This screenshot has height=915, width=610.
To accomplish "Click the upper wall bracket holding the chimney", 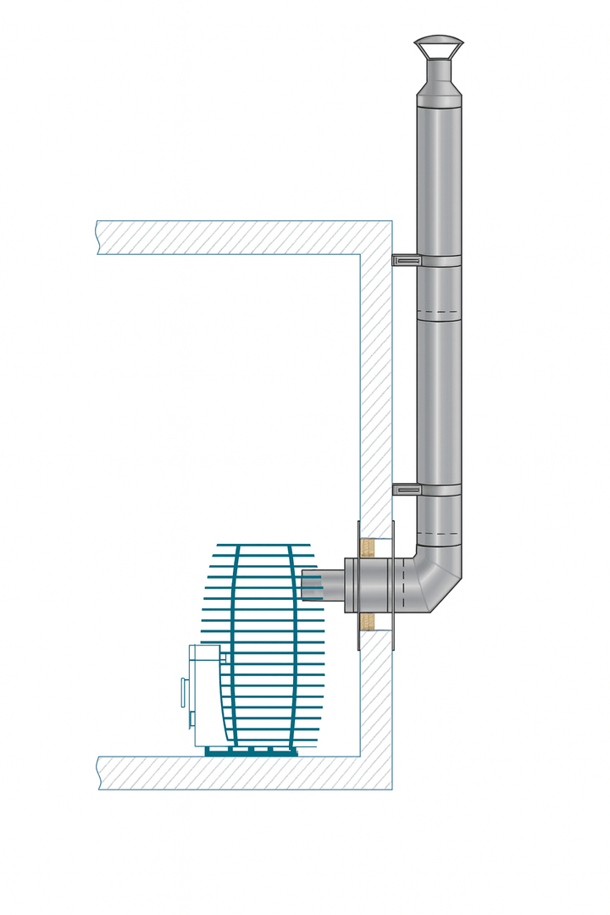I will [x=406, y=259].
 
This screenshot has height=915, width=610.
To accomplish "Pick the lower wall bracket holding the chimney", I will [x=406, y=489].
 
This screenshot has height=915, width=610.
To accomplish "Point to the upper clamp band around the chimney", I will [x=439, y=261].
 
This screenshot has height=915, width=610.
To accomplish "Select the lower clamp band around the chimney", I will [x=439, y=490].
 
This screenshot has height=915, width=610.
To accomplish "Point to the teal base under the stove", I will [x=251, y=751].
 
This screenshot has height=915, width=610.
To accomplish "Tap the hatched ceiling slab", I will [x=229, y=237].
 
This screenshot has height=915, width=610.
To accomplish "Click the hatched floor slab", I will [x=229, y=773].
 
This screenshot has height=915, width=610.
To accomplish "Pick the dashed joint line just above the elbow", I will [x=438, y=535].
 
